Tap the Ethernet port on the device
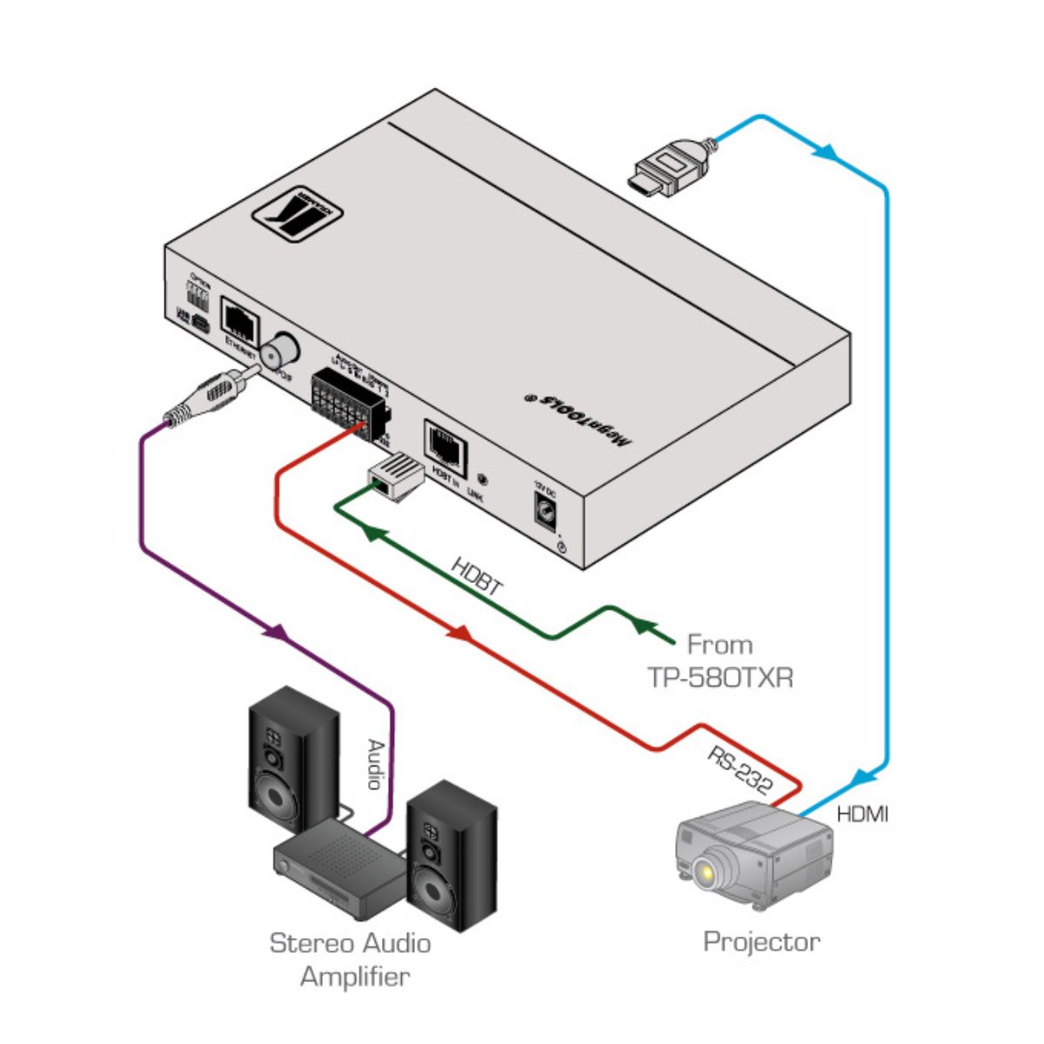coord(238,318)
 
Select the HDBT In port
coord(445,444)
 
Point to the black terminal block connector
coord(348,401)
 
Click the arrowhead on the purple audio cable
coord(278,633)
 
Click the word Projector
coord(761,941)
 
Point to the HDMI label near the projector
coord(862,814)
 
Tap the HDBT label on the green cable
coord(477,576)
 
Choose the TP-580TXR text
coord(720,678)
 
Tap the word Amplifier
coord(354,976)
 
